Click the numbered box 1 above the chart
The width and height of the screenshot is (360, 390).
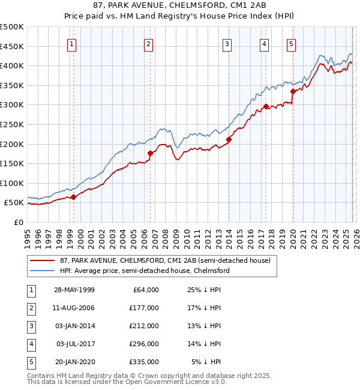pyautogui.click(x=72, y=43)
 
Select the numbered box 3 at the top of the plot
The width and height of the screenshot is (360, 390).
pyautogui.click(x=227, y=43)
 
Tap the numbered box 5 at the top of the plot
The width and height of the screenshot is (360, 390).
pyautogui.click(x=291, y=43)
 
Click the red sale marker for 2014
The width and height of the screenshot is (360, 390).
pyautogui.click(x=229, y=140)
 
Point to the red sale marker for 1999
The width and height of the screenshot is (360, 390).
pyautogui.click(x=73, y=197)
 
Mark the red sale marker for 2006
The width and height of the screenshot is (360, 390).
pyautogui.click(x=149, y=153)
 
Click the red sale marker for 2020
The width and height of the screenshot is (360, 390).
pyautogui.click(x=293, y=92)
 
